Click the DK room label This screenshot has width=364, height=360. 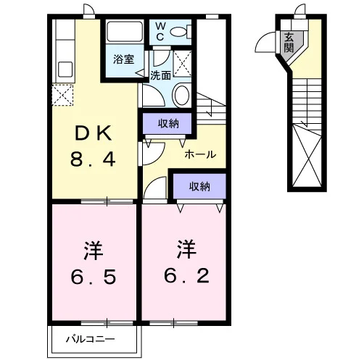pos(94,133)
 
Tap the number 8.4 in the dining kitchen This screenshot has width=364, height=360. pos(93,159)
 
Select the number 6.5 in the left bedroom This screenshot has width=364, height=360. pos(94,277)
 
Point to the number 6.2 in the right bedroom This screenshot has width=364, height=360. pos(186,275)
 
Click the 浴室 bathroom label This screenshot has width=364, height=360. pos(124,59)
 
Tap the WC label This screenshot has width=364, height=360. pos(160,32)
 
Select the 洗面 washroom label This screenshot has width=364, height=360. pos(160,75)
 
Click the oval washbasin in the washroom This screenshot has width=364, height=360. pos(182,95)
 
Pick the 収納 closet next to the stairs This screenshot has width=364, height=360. pos(168,124)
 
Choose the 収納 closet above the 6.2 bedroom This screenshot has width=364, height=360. pos(199,186)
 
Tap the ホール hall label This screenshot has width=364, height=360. pos(200,154)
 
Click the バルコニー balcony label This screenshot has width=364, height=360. pos(91,339)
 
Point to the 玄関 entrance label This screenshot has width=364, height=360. pos(289,42)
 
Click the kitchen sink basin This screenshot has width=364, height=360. pos(65,70)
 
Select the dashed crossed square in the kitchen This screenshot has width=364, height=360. pos(62,95)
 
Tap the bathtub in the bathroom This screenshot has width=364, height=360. pos(125,32)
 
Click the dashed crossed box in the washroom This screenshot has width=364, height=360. pos(183,64)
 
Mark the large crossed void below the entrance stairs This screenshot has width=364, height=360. pos(307,156)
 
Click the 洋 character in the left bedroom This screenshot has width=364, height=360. pos(94,251)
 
